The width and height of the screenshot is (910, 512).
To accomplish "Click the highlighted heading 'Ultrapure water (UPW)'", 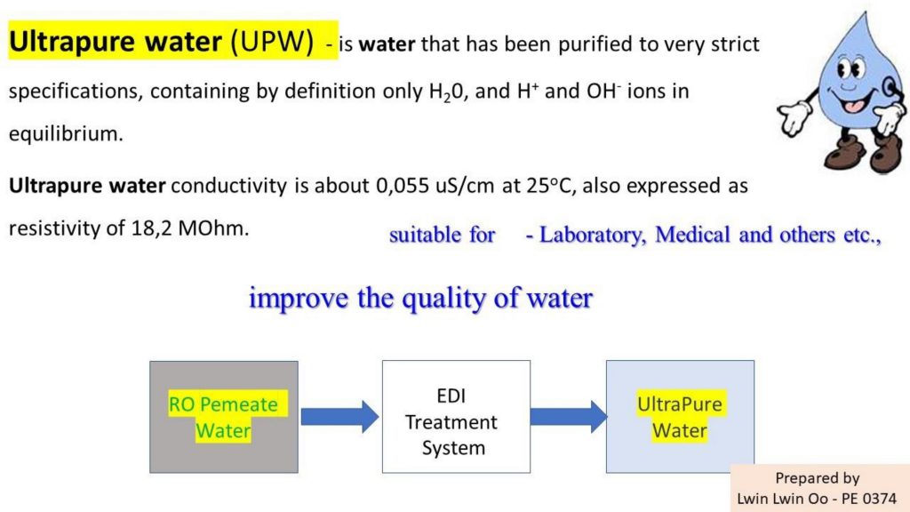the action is click(162, 42).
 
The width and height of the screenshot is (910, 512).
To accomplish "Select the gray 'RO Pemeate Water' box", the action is click(224, 417).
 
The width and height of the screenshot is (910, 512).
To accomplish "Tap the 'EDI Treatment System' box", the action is click(456, 417).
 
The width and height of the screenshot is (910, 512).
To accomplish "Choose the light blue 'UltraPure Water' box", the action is click(680, 417).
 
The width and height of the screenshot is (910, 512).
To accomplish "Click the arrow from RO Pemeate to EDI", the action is click(340, 417).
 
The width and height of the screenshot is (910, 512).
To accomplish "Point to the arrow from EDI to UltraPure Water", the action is click(570, 417).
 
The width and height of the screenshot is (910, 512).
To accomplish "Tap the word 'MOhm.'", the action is click(213, 228).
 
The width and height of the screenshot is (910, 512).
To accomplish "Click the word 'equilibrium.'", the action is click(66, 134).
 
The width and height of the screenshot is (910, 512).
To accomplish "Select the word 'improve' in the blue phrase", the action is click(299, 299).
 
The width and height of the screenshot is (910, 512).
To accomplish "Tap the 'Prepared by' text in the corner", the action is click(818, 478).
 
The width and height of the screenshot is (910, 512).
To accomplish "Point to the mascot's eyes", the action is click(850, 68).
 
